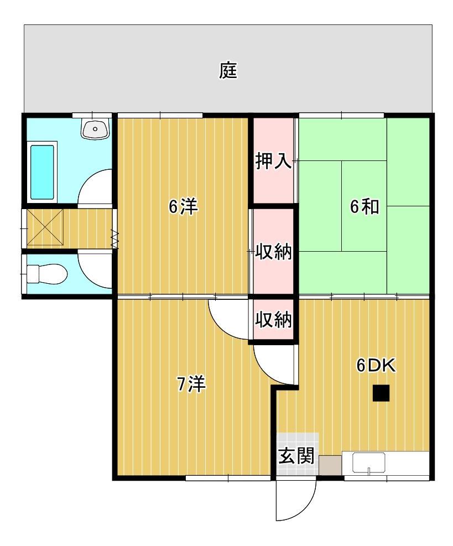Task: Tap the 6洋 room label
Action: coord(183,207)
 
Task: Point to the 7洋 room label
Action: coord(191,383)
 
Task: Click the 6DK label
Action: coord(377,366)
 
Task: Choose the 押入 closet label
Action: coord(273,162)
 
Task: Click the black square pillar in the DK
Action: coord(381,393)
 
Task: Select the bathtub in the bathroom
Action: coord(43,172)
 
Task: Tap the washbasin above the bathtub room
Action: coord(96,129)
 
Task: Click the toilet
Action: coord(46,273)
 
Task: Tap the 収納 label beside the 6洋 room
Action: coord(273,252)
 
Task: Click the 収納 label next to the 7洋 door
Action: coord(273,320)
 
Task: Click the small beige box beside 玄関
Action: coord(330,464)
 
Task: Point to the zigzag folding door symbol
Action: coord(115,238)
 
